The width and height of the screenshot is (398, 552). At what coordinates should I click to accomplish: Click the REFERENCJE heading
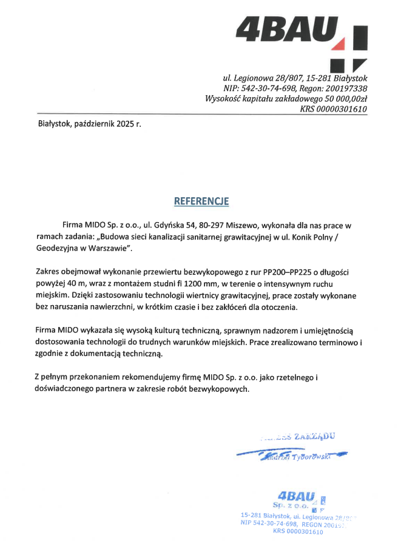pos(201,201)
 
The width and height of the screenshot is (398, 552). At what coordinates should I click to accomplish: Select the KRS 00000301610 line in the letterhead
pos(334,109)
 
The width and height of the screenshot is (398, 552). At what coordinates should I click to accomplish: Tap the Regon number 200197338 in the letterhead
pos(347,89)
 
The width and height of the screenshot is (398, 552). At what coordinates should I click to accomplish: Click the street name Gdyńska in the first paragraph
pos(173,225)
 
